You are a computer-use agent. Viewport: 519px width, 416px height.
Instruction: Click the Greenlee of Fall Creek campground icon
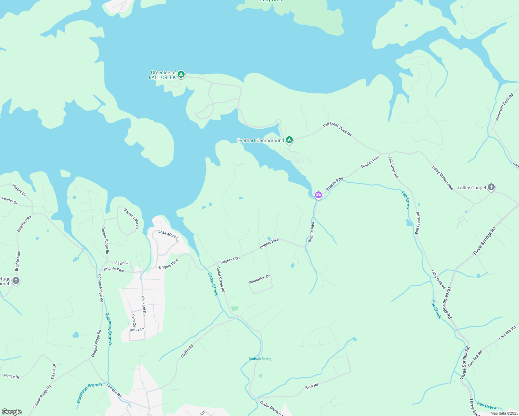[x=181, y=74]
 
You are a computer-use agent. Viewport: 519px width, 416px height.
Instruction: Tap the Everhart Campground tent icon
[x=289, y=140]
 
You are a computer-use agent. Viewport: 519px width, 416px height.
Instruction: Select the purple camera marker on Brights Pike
[x=318, y=195]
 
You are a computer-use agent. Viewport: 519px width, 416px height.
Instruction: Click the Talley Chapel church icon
[x=491, y=187]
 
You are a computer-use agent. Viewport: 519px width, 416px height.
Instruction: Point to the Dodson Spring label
[x=260, y=359]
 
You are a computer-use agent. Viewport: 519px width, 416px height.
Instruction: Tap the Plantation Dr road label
[x=259, y=279]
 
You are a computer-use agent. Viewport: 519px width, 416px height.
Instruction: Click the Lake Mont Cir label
[x=169, y=236]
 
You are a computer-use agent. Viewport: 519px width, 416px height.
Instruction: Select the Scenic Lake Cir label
[x=131, y=219]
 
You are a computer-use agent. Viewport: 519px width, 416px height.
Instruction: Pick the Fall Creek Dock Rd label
[x=337, y=129]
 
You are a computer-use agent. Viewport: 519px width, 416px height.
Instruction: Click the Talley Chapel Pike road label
[x=442, y=177]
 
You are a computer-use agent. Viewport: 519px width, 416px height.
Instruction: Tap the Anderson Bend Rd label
[x=504, y=107]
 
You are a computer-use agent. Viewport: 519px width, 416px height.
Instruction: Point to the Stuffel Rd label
[x=187, y=351]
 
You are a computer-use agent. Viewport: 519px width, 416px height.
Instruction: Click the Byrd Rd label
[x=312, y=386]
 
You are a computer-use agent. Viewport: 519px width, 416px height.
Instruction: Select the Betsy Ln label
[x=137, y=329]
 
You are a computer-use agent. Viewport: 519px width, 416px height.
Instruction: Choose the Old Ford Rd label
[x=144, y=306]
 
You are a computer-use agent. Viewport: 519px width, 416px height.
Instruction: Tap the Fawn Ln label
[x=122, y=263]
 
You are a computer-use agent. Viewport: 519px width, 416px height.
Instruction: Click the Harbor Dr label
[x=19, y=190]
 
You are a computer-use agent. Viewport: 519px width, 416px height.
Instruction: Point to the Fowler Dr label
[x=10, y=200]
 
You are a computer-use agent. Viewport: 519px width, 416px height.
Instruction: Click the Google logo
[x=12, y=412]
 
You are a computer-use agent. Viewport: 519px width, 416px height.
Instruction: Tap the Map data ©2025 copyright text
[x=504, y=413]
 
